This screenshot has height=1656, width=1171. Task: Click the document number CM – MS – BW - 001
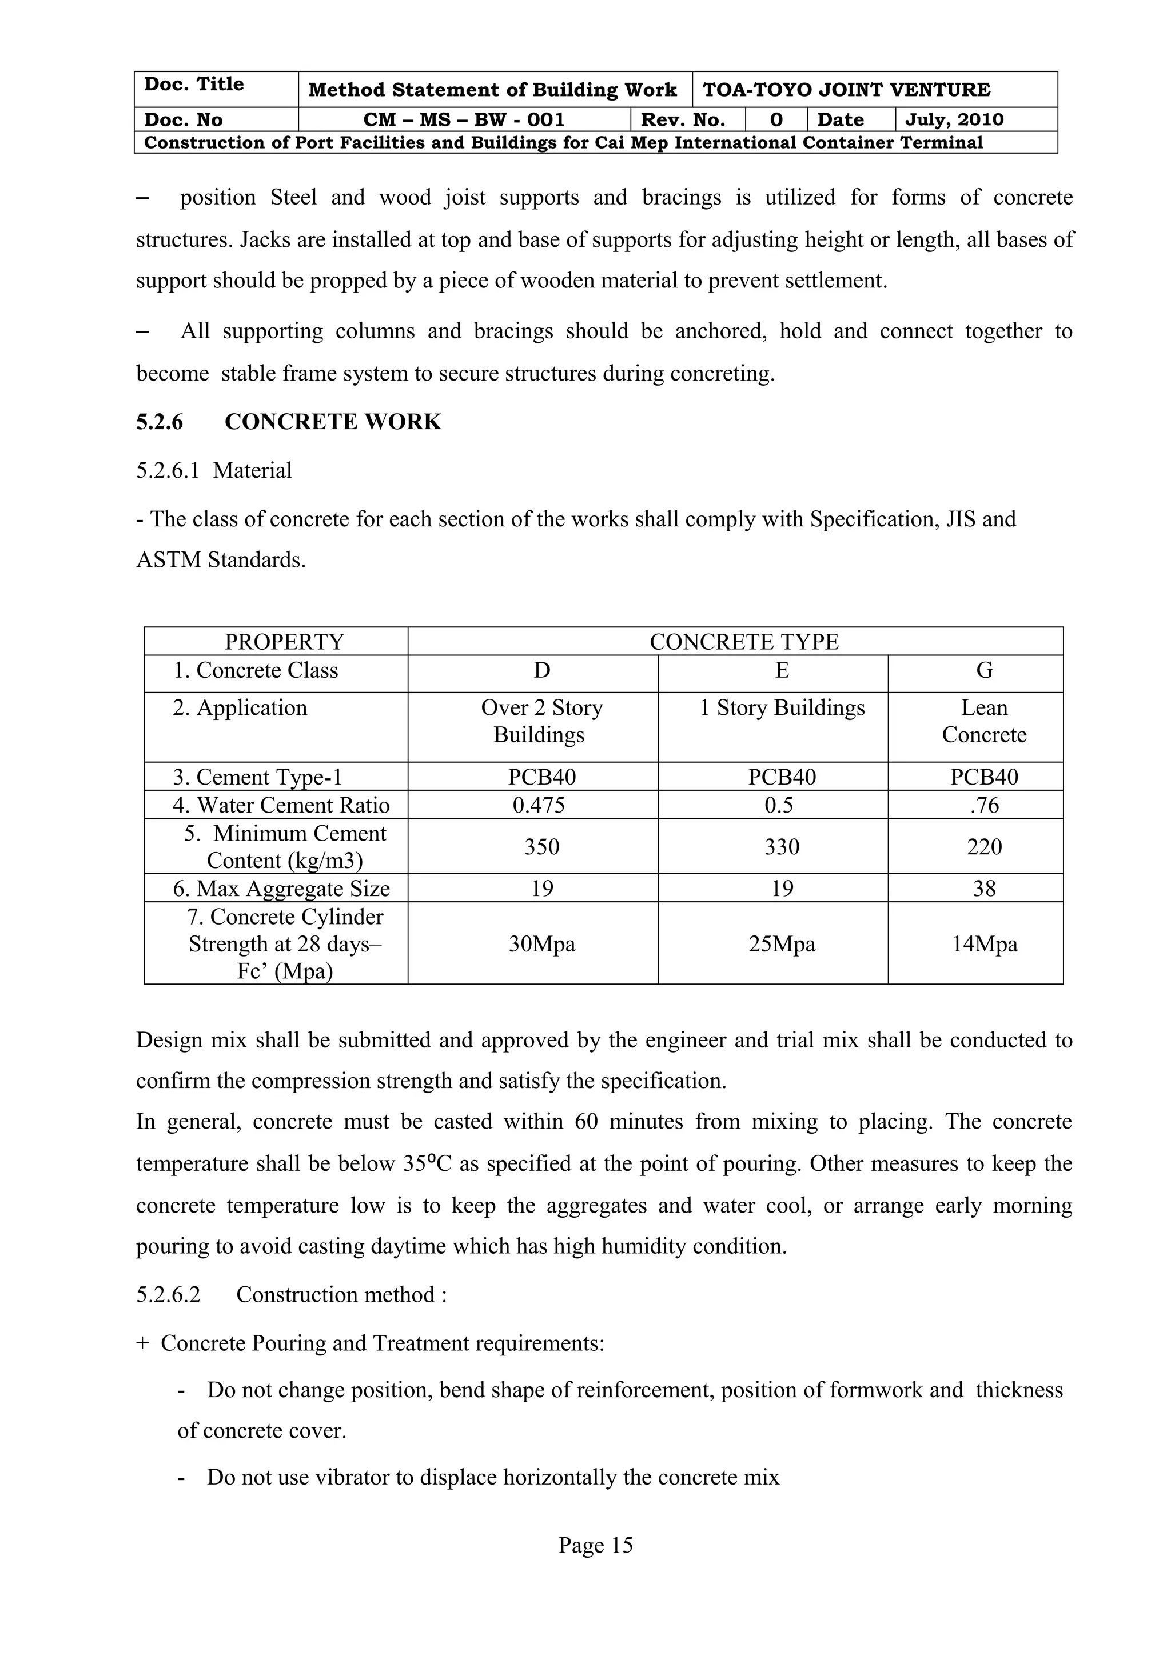point(464,120)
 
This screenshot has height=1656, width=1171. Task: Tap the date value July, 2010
point(954,120)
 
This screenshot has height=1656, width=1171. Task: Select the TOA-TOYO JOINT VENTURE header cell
point(846,90)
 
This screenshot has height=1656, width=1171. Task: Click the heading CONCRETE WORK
point(333,422)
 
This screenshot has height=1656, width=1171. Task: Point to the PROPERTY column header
point(284,641)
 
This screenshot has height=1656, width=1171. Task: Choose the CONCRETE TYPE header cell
point(744,641)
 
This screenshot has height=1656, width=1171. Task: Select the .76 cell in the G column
point(984,805)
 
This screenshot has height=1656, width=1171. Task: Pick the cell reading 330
point(782,847)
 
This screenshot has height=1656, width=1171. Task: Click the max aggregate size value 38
point(984,889)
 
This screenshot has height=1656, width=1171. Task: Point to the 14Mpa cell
point(984,944)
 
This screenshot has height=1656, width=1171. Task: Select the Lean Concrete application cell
point(984,721)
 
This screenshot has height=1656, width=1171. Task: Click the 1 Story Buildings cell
point(782,708)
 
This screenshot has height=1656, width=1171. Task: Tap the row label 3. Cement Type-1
point(257,778)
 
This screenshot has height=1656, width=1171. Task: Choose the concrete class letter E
point(782,671)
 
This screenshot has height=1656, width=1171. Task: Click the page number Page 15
point(595,1545)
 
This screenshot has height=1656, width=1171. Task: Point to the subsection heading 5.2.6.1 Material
point(214,471)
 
